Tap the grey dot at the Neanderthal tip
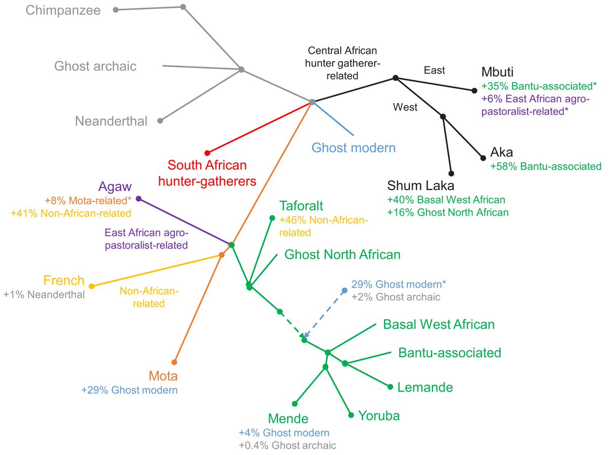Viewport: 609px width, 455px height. click(x=160, y=121)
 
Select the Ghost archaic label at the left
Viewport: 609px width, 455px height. click(x=95, y=66)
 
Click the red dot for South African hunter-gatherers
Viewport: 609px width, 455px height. click(x=207, y=153)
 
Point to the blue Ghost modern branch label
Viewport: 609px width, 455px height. click(x=353, y=148)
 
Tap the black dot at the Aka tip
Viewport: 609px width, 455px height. click(x=482, y=158)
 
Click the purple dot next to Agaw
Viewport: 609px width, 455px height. click(x=139, y=199)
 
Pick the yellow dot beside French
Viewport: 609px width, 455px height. click(x=91, y=286)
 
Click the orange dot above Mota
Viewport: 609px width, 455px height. click(x=174, y=362)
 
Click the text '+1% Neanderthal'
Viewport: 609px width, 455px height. click(x=44, y=294)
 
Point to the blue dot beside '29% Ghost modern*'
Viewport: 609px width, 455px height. click(x=344, y=290)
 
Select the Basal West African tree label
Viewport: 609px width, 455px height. click(x=438, y=324)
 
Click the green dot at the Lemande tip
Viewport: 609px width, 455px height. click(x=390, y=387)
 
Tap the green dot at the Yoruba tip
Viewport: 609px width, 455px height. click(x=351, y=415)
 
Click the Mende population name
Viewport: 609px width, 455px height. click(x=288, y=419)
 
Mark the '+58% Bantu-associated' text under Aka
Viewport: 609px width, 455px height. click(x=546, y=166)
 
